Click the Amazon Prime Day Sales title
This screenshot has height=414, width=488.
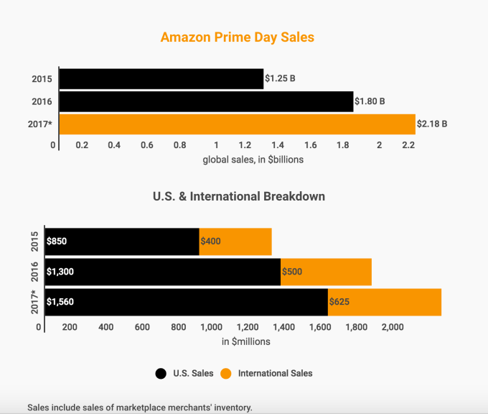(237, 37)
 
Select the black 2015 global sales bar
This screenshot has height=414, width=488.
(161, 78)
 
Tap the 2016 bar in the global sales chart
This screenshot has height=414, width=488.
(206, 101)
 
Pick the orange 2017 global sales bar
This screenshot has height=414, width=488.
(237, 124)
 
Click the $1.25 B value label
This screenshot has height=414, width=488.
(280, 78)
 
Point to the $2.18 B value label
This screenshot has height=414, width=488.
(432, 124)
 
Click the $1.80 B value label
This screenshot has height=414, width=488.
(370, 101)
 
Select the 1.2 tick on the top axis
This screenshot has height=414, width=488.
(246, 145)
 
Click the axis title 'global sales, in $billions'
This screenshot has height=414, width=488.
(253, 160)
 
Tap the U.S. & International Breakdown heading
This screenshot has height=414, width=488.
(239, 195)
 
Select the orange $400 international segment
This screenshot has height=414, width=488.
(235, 241)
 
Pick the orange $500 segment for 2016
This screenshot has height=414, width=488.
(326, 272)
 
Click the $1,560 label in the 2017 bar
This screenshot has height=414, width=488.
(60, 302)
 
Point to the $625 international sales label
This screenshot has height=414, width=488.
(339, 302)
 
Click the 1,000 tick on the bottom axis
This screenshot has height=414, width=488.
(210, 327)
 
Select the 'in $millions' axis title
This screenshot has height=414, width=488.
(246, 341)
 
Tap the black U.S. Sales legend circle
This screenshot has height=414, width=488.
(161, 373)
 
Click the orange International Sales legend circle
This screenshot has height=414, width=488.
(225, 373)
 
